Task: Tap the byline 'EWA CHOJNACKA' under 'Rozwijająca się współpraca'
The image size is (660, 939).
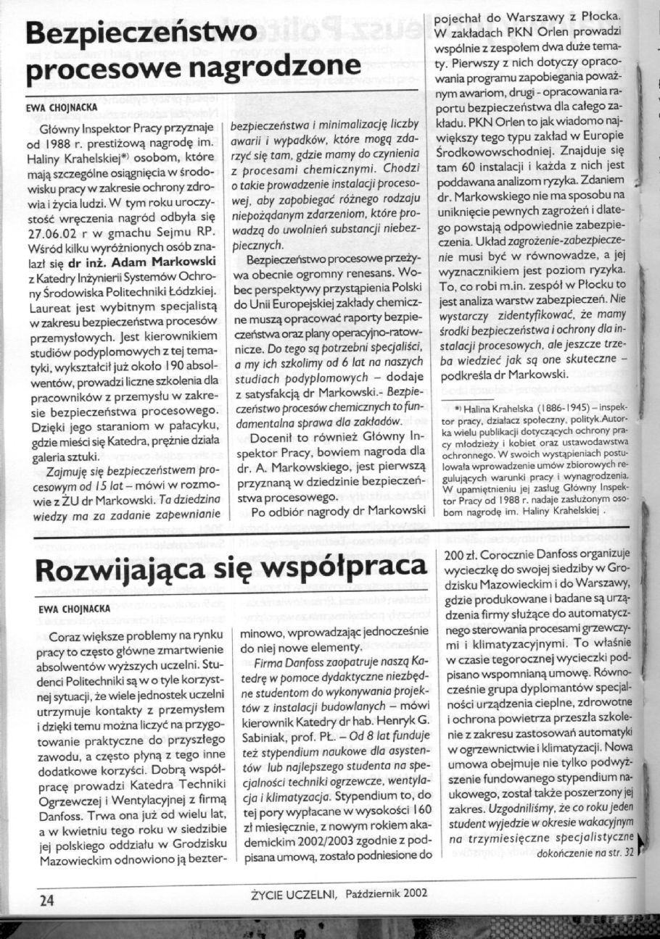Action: pyautogui.click(x=74, y=610)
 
